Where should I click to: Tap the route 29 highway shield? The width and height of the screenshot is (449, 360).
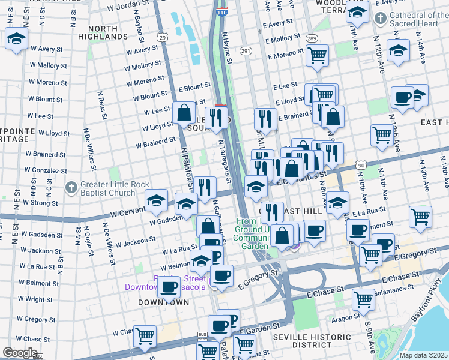pos(162,38)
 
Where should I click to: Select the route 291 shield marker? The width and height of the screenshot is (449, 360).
pos(246,52)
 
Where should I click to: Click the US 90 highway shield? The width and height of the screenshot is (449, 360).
pos(361,165)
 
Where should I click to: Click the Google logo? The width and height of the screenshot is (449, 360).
pos(20,353)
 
